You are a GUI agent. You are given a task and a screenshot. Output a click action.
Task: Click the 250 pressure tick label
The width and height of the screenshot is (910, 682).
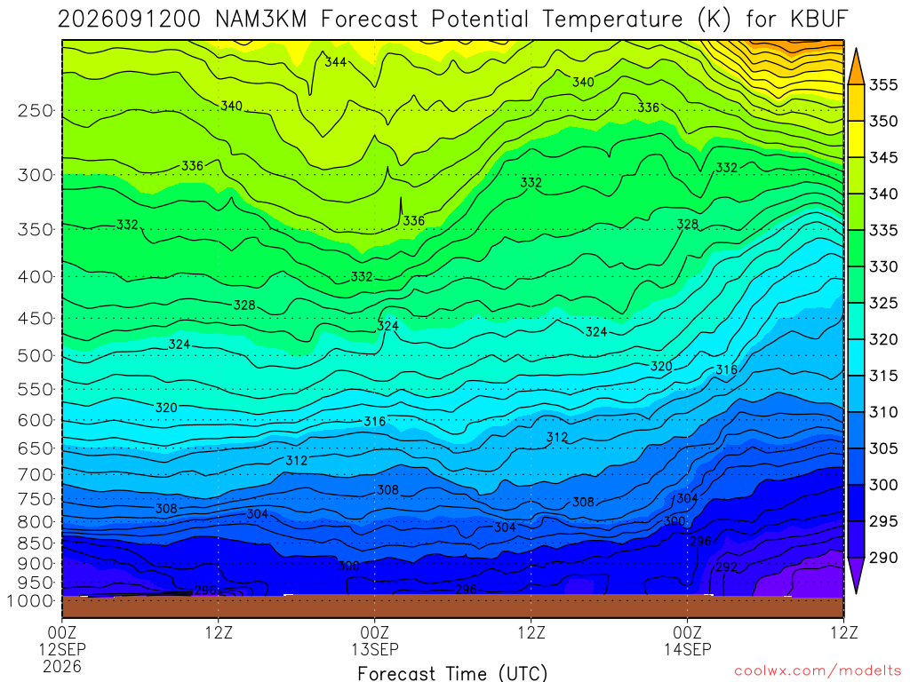point(36,111)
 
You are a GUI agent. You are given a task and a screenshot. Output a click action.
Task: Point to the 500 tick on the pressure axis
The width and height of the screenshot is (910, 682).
point(36,356)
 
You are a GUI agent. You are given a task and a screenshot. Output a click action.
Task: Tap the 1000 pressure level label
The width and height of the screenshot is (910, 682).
point(31,601)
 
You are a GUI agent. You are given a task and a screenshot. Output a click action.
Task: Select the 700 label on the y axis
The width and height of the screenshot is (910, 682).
point(36,475)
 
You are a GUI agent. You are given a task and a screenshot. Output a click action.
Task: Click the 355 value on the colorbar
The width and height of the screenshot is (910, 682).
point(883,85)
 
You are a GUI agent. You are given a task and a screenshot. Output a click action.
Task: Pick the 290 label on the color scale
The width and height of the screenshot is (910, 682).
point(883,558)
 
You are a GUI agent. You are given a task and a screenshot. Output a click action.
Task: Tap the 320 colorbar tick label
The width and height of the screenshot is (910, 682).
point(883,339)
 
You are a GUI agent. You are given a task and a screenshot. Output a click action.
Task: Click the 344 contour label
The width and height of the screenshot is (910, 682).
point(335,61)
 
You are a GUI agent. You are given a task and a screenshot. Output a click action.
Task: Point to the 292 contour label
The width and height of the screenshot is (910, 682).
point(727,567)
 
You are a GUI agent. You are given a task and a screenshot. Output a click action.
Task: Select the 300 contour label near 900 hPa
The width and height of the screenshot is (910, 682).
point(348,566)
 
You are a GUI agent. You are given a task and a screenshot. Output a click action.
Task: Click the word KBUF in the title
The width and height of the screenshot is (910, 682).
point(818,20)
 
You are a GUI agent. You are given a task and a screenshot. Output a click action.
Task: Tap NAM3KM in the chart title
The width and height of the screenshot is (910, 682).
point(260,20)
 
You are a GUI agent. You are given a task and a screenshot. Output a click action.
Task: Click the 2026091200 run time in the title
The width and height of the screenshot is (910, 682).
point(129,20)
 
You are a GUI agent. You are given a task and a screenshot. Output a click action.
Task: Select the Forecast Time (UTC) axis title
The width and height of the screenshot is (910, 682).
point(452,673)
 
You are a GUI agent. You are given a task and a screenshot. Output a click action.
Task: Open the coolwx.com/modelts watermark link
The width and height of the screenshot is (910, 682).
point(818,671)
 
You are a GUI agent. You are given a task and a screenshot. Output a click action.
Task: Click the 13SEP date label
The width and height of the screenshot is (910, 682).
point(375,649)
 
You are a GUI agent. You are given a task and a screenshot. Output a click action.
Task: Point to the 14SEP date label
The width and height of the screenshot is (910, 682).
point(688,649)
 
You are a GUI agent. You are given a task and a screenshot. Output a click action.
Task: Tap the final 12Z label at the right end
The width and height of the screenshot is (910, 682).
point(844,632)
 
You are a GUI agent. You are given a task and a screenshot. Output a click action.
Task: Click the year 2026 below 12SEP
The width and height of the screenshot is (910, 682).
point(62,666)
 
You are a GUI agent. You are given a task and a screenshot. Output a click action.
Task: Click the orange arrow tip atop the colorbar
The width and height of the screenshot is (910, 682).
point(856,50)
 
